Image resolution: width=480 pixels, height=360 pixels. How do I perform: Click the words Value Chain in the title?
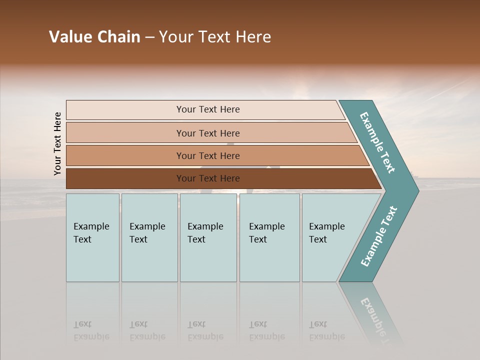(94, 37)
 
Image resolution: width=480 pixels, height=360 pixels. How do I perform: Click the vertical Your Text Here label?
(57, 143)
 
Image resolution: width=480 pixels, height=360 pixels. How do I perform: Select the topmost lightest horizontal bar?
(125, 110)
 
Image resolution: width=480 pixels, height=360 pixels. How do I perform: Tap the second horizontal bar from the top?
(125, 133)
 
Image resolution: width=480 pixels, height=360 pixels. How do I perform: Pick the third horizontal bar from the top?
(125, 155)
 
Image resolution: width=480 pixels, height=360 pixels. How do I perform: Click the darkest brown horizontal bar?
(125, 178)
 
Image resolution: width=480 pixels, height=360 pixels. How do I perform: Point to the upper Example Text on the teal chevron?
(377, 142)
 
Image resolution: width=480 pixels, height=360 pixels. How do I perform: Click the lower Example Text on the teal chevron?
(378, 236)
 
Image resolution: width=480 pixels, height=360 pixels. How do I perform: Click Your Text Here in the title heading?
(215, 37)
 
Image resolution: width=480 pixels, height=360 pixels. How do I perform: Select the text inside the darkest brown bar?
(208, 178)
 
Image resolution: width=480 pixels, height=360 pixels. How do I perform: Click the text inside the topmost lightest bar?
(208, 109)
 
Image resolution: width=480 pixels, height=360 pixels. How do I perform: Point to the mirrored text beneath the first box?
(91, 330)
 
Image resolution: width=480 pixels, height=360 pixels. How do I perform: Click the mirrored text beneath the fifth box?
(326, 330)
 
